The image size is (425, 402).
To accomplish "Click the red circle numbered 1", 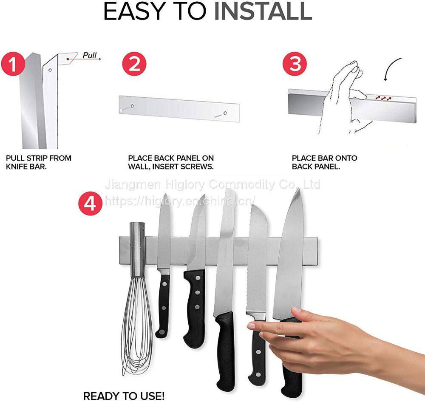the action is [12, 65].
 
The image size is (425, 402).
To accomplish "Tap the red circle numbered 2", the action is [134, 65].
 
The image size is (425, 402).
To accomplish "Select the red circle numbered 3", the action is [295, 64].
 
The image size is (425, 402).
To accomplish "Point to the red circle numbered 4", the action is [91, 203].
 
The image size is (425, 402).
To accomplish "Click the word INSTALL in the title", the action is [263, 11].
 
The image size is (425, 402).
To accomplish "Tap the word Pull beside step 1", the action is [90, 55].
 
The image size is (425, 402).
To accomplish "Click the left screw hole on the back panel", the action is [132, 106].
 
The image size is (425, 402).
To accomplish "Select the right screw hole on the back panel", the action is [225, 113].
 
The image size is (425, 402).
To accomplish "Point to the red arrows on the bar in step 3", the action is [383, 98].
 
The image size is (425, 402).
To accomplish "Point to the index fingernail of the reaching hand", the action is [251, 326].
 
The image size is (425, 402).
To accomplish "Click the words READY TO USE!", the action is [124, 396].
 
